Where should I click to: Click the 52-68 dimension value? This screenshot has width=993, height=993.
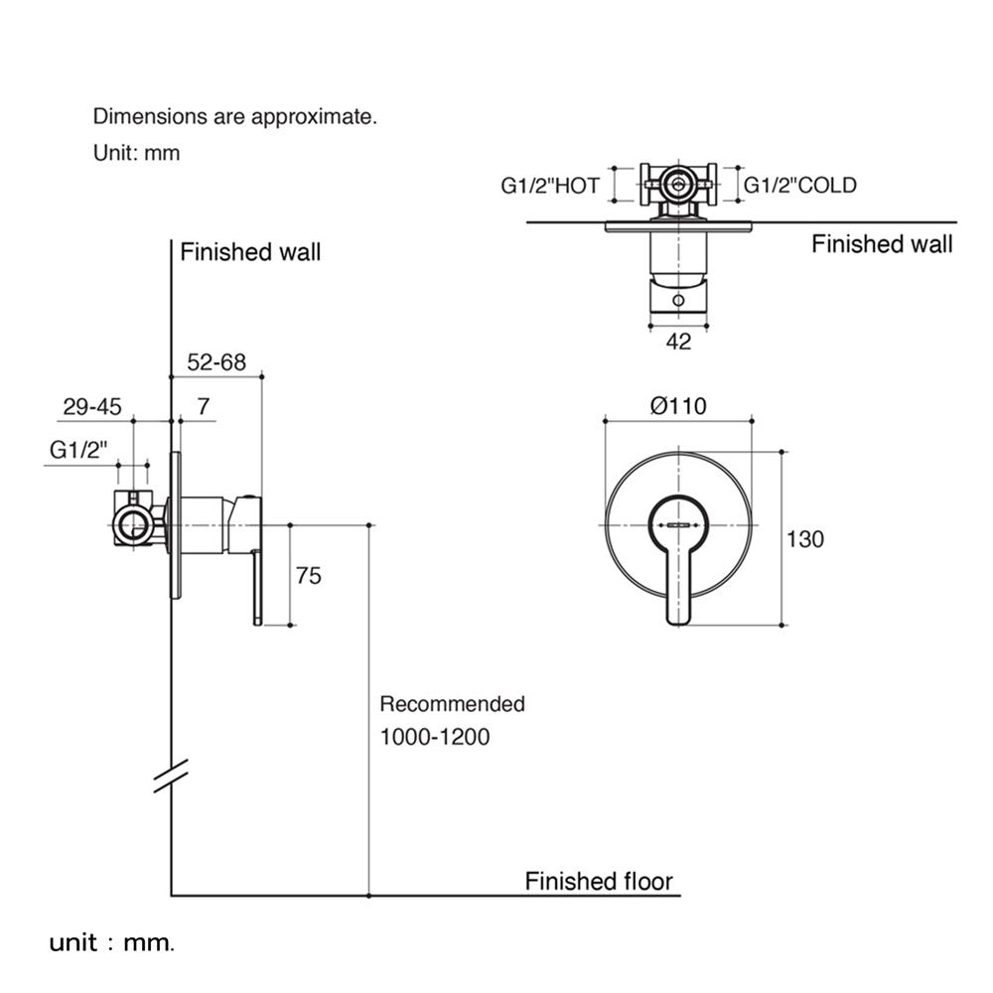pos(216,362)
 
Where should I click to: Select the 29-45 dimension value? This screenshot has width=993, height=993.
pos(91,406)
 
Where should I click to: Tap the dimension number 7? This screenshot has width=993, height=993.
pos(204,406)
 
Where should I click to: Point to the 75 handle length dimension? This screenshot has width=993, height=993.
pos(309,575)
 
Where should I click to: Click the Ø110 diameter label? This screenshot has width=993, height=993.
pos(677,405)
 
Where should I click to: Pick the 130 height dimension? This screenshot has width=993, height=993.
pos(805,539)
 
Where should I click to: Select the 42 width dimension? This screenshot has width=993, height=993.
pos(678,342)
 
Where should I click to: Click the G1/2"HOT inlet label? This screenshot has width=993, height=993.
pos(549,185)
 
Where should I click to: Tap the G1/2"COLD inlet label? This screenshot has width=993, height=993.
pos(800,185)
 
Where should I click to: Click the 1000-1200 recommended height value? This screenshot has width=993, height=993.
pos(435,738)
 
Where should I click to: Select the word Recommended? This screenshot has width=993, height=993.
pos(452,704)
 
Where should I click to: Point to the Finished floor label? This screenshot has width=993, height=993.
pos(599,881)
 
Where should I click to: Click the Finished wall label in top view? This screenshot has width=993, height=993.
pos(882,244)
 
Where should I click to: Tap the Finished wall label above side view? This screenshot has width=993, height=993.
pos(250,252)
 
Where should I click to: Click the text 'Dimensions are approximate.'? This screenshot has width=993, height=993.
pos(235,116)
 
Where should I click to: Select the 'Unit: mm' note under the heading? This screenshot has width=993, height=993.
pos(136,153)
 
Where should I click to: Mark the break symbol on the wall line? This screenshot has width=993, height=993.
pos(172,776)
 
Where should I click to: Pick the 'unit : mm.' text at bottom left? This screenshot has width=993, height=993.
pos(112,942)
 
